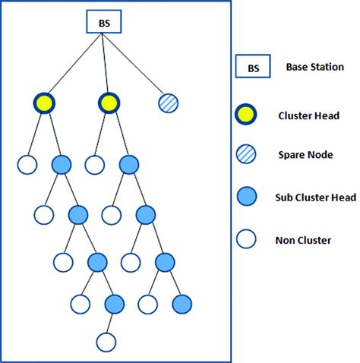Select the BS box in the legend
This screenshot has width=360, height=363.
click(252, 68)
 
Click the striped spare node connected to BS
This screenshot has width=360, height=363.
click(169, 103)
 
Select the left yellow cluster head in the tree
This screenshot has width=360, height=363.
click(43, 103)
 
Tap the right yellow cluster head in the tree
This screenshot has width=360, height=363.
click(108, 103)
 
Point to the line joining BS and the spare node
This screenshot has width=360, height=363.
click(137, 65)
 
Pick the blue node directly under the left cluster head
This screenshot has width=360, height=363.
click(61, 165)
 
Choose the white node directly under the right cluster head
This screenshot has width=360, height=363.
click(93, 165)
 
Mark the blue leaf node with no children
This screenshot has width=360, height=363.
click(182, 305)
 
